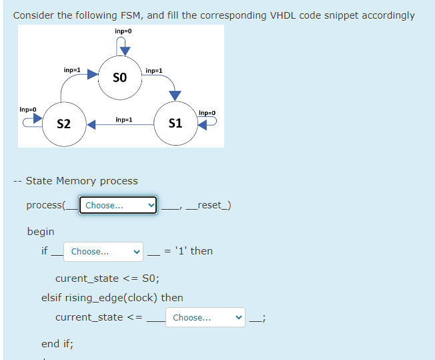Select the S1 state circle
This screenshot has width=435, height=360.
click(x=175, y=124)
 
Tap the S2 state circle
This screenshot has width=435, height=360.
click(x=65, y=124)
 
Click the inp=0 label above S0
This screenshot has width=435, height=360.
click(x=123, y=31)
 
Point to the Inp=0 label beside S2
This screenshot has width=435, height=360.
click(x=27, y=109)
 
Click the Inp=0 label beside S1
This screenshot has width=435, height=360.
click(x=207, y=113)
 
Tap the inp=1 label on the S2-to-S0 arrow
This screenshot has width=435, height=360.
click(x=72, y=70)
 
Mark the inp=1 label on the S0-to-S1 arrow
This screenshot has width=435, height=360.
click(x=153, y=70)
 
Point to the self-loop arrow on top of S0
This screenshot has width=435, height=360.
click(x=123, y=46)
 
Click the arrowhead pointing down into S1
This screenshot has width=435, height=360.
click(x=175, y=96)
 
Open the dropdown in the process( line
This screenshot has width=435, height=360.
click(x=118, y=205)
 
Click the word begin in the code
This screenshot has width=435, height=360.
click(x=41, y=231)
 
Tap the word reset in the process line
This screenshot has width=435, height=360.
click(x=209, y=205)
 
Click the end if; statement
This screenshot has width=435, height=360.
click(x=57, y=344)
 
